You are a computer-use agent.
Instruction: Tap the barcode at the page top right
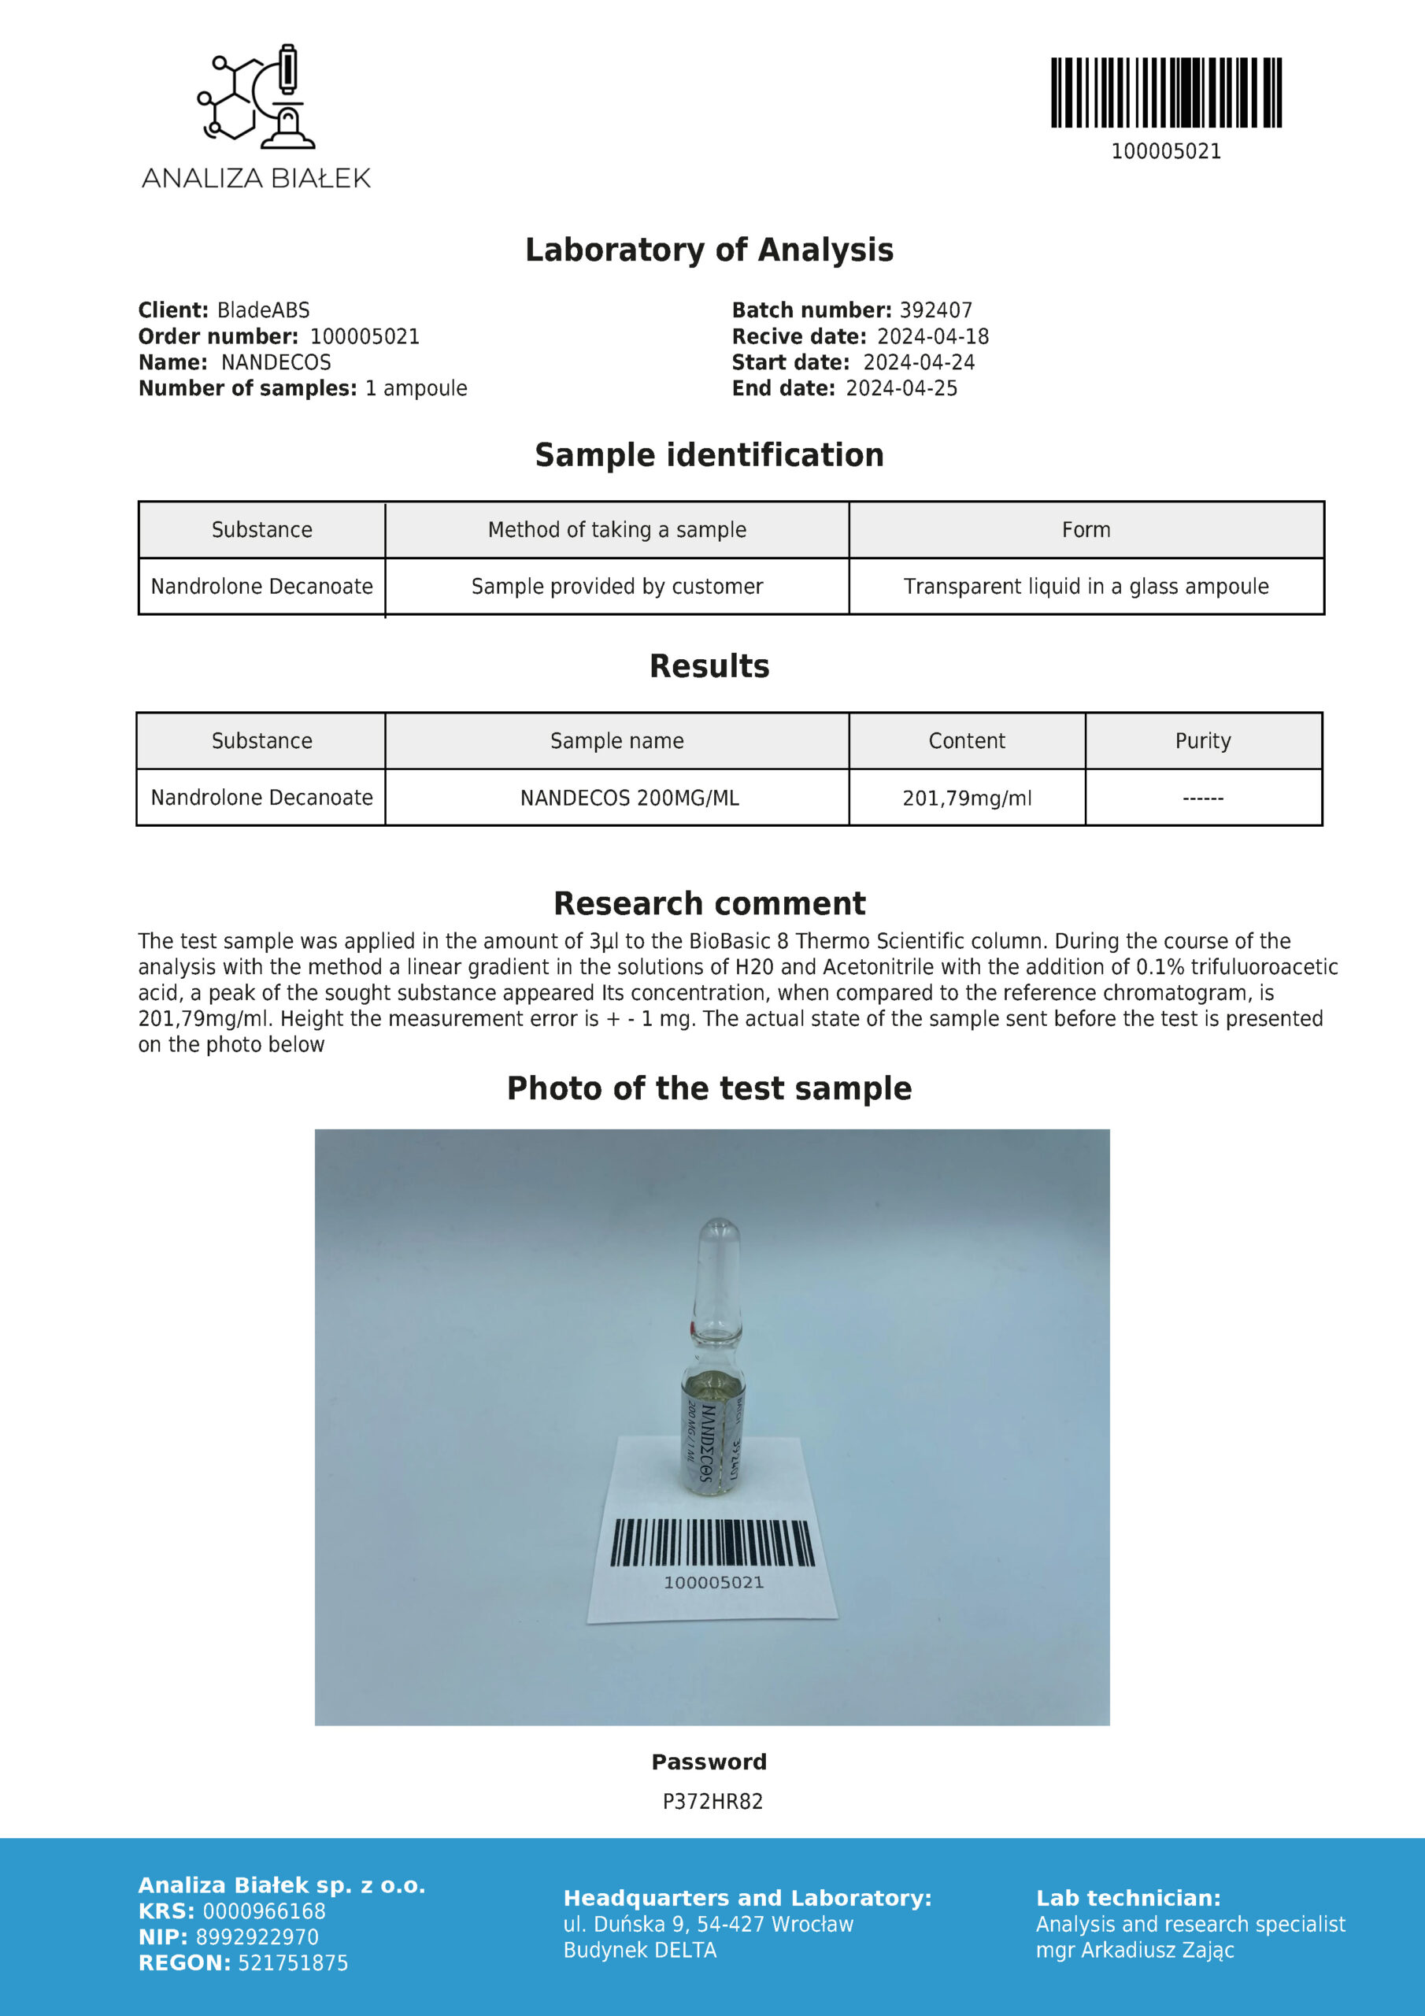click(1166, 92)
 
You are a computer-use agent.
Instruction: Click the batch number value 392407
click(936, 310)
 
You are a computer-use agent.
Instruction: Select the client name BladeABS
click(264, 310)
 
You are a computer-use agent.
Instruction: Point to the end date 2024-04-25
click(901, 388)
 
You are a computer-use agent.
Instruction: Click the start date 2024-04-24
click(919, 362)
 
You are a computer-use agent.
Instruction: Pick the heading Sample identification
click(709, 455)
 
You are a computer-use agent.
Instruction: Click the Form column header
click(1086, 529)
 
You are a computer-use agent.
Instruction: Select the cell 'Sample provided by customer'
click(617, 587)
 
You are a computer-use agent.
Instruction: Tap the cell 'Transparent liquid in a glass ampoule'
click(1086, 587)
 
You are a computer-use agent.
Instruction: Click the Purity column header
click(1203, 741)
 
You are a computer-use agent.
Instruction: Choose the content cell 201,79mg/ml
click(967, 799)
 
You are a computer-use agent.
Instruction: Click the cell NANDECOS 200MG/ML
click(630, 799)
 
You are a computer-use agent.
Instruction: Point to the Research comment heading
click(709, 903)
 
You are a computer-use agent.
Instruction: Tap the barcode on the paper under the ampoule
click(713, 1543)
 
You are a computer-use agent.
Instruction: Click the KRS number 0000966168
click(265, 1911)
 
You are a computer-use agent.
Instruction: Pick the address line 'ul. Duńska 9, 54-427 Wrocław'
click(709, 1925)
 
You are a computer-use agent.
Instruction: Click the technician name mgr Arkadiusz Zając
click(1135, 1950)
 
